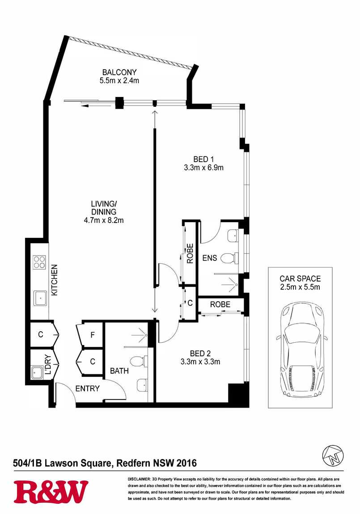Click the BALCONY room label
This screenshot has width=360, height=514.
[119, 72]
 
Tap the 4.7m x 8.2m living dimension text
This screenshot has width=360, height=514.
[104, 220]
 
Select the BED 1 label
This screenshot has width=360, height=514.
[203, 159]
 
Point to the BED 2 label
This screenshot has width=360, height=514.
[200, 354]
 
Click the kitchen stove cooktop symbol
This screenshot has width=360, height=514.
[39, 262]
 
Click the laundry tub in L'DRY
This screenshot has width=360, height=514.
[36, 372]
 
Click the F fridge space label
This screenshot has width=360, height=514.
[93, 335]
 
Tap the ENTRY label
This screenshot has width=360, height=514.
[87, 388]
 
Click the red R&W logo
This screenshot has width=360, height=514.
[51, 492]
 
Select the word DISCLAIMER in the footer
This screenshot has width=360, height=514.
[139, 479]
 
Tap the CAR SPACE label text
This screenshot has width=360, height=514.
[300, 278]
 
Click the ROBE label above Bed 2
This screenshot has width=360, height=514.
[220, 304]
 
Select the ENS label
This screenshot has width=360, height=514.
[209, 258]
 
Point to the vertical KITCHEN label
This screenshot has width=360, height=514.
[55, 280]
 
